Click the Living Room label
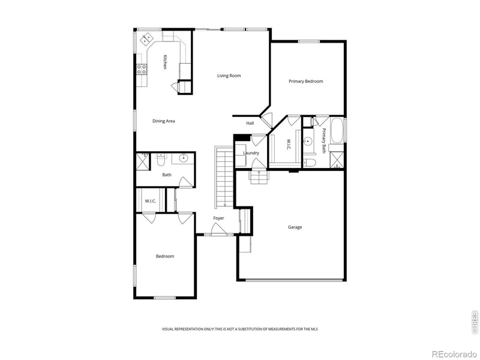click(x=229, y=76)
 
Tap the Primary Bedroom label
click(x=305, y=81)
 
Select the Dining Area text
click(x=163, y=121)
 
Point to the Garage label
click(x=295, y=227)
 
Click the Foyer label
click(x=218, y=218)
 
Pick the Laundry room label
click(x=251, y=153)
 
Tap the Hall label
click(x=250, y=124)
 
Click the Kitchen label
click(x=165, y=62)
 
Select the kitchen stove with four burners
click(x=142, y=70)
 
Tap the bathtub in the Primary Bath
click(x=337, y=130)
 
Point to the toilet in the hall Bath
click(x=160, y=160)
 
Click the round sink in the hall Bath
click(x=183, y=159)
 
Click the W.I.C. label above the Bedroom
click(x=150, y=201)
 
